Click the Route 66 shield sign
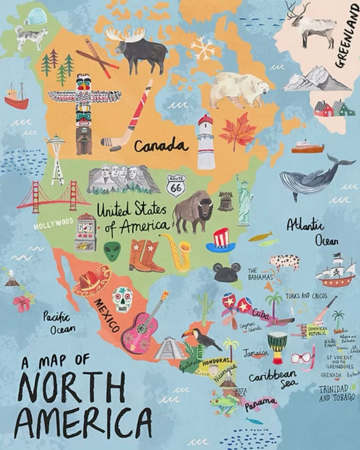coord(176,185)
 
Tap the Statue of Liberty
coord(244,200)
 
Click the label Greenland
coord(347,35)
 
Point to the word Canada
coord(161,146)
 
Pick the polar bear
coord(238,89)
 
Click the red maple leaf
coord(237,131)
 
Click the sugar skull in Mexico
coord(122,298)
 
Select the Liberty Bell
coord(225,201)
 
